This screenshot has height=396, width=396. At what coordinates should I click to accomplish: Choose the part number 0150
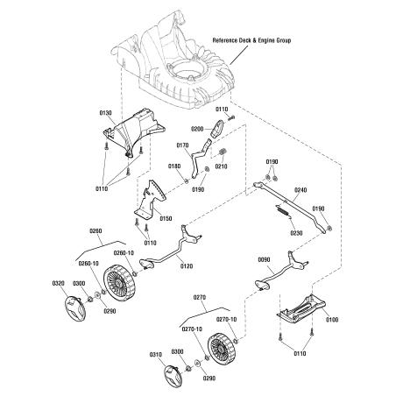click(x=166, y=218)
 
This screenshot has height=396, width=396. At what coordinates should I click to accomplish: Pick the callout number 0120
click(x=185, y=265)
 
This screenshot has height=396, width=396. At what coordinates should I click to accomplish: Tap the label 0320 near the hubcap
click(x=58, y=284)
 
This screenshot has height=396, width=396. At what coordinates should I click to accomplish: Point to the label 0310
click(x=157, y=355)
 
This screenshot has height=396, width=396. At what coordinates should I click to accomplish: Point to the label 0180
click(x=173, y=166)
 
